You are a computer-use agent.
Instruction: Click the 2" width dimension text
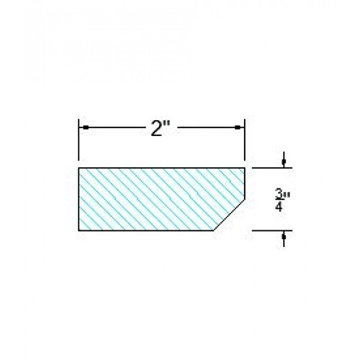coord(159,129)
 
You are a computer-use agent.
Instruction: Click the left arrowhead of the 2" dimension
coord(84,128)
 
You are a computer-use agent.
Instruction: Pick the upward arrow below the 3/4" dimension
coord(285,235)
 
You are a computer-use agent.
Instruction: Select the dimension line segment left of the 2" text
coord(115,128)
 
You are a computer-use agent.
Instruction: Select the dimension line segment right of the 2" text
coord(209,128)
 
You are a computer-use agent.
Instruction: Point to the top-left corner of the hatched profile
coord(78,168)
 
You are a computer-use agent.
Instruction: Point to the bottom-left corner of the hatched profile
coord(78,230)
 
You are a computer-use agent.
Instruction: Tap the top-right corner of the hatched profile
coord(246,168)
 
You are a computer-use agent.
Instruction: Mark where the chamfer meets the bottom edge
coord(214,230)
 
